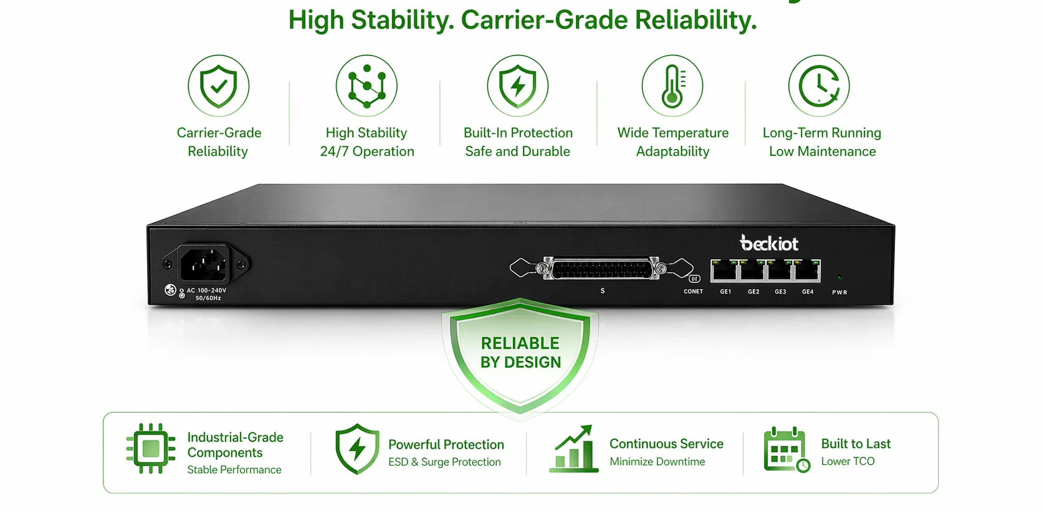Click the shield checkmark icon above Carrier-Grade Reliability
pos(218,85)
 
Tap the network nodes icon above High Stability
pos(366,85)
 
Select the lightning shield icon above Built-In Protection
pos(517,85)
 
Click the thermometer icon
pos(672,85)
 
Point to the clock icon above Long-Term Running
pos(819,85)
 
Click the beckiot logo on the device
pos(768,243)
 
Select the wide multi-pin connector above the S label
pos(601,269)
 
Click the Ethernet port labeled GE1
pos(725,270)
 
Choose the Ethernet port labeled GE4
pos(807,270)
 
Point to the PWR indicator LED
pos(839,277)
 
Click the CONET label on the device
pos(693,292)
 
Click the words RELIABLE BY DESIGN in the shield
pos(520,353)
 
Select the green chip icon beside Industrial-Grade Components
pos(151,449)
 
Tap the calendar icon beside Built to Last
pos(786,449)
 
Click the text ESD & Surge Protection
pos(444,462)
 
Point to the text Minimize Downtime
pos(657,462)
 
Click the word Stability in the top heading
pos(402,20)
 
